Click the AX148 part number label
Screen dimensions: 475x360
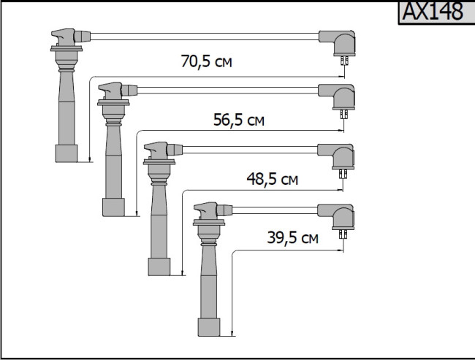click(433, 12)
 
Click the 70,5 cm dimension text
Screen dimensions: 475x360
click(207, 61)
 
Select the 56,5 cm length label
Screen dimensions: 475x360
click(239, 120)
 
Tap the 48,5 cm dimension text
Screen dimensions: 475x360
click(273, 179)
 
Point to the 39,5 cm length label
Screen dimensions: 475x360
click(292, 237)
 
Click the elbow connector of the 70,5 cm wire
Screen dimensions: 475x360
click(338, 42)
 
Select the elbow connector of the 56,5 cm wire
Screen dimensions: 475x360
click(338, 96)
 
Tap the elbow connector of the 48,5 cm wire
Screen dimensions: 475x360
click(338, 156)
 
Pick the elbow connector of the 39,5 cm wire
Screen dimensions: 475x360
click(338, 217)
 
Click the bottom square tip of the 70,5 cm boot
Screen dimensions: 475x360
click(66, 153)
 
